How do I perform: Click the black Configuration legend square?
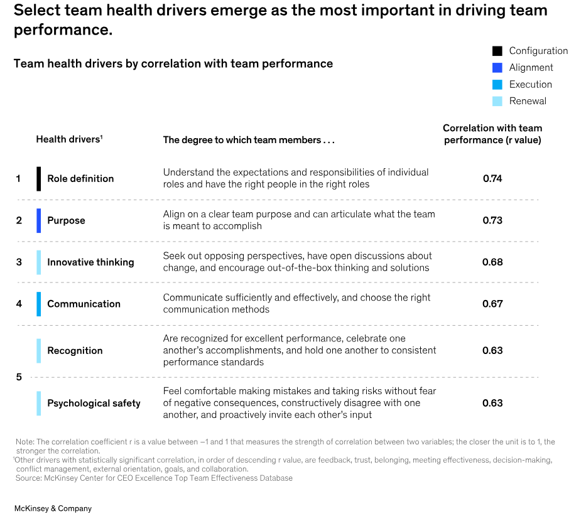(x=497, y=51)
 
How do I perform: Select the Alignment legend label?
(x=531, y=68)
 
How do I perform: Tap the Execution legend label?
(x=530, y=85)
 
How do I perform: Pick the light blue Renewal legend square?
(x=497, y=101)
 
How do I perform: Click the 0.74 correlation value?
(x=492, y=179)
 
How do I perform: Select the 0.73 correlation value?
(x=492, y=220)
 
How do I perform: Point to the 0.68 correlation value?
(x=492, y=262)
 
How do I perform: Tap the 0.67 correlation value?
(x=492, y=304)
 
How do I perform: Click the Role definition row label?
(x=80, y=179)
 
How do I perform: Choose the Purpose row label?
(x=66, y=220)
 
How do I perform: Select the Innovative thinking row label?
(x=90, y=262)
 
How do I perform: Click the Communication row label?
(x=84, y=304)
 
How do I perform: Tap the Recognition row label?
(x=75, y=351)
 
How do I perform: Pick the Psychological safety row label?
(x=94, y=404)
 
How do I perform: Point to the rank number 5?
(x=19, y=377)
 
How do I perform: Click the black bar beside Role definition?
(x=39, y=179)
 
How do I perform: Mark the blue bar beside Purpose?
(x=39, y=220)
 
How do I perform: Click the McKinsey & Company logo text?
(x=53, y=508)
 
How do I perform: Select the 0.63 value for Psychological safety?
(x=492, y=404)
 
